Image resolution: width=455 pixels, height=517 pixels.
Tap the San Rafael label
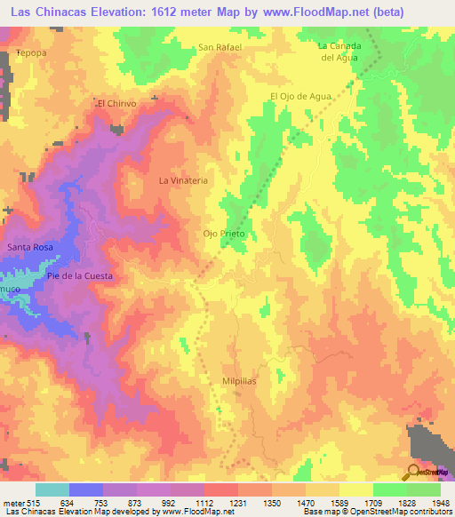pyautogui.click(x=220, y=47)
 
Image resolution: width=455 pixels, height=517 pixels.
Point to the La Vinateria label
pyautogui.click(x=183, y=180)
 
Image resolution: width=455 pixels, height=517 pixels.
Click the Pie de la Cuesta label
pyautogui.click(x=80, y=276)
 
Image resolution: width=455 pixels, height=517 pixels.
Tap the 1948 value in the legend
pyautogui.click(x=442, y=502)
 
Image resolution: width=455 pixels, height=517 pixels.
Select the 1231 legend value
pyautogui.click(x=236, y=502)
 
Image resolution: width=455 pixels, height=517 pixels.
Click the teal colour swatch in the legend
pyautogui.click(x=52, y=489)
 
